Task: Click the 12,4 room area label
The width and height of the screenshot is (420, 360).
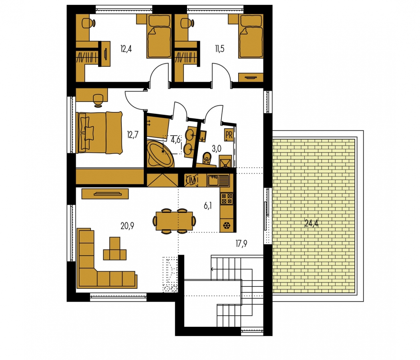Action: (126, 49)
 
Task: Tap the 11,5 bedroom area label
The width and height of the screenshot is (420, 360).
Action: (220, 49)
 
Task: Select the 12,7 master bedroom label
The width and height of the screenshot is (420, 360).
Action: (133, 134)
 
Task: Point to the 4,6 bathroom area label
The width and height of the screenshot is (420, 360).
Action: (175, 140)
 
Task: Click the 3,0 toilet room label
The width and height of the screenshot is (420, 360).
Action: (217, 148)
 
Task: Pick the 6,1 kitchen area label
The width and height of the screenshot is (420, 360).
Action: (207, 206)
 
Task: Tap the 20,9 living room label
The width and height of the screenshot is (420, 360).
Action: (127, 226)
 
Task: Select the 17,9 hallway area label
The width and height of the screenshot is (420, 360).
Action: (241, 244)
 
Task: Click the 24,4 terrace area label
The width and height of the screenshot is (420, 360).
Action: (311, 223)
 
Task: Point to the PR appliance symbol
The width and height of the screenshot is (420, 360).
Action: (229, 135)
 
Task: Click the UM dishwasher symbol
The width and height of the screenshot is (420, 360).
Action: (191, 180)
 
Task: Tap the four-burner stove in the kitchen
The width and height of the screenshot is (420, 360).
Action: (227, 199)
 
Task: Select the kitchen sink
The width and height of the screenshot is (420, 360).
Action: (218, 180)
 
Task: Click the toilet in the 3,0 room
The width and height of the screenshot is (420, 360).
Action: (207, 158)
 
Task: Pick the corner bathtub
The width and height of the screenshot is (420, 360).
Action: (160, 154)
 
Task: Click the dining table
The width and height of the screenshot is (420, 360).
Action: (174, 221)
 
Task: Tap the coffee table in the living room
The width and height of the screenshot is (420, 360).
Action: (115, 249)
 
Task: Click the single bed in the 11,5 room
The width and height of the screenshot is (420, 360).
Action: (250, 36)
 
